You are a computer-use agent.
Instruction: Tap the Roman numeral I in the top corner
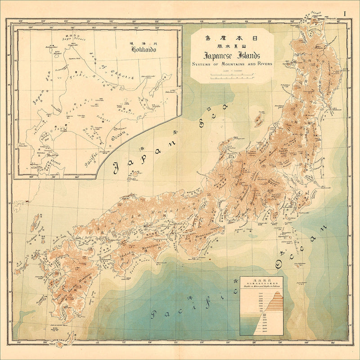pos(345,13)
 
